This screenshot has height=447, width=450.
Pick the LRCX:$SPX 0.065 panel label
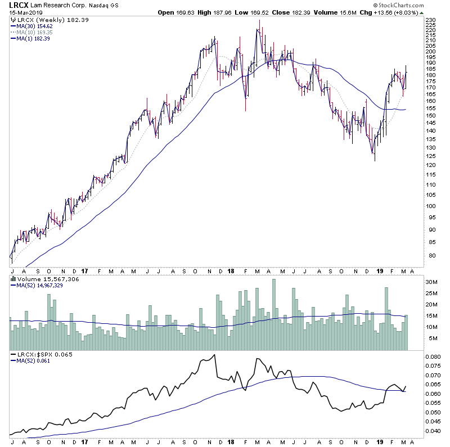click(38, 355)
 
